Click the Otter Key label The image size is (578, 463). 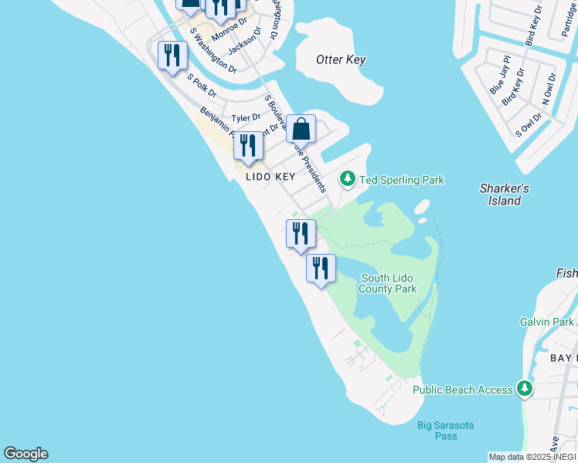[341, 59]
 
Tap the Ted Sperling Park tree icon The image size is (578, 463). [348, 180]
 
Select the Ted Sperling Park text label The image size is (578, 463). [400, 180]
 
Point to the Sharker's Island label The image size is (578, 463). [505, 194]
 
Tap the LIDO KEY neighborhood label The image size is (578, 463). [270, 177]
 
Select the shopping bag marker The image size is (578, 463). [301, 129]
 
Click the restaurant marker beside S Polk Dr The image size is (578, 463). [172, 56]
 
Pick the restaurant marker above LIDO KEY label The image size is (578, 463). [248, 146]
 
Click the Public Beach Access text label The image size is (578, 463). [462, 390]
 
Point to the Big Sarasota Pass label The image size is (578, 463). [446, 431]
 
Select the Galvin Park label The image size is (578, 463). [547, 322]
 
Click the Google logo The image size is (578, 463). [25, 454]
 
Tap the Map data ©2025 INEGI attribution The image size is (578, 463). [532, 457]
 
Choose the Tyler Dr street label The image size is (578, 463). [246, 118]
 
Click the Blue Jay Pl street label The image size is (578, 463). [501, 75]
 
